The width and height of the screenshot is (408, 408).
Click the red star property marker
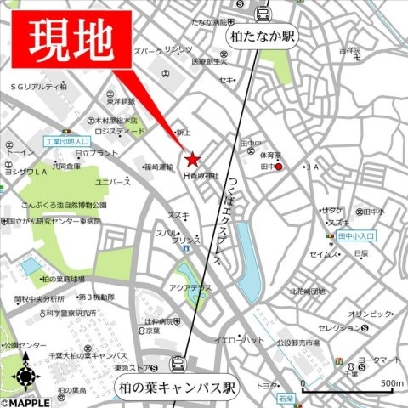(192, 158)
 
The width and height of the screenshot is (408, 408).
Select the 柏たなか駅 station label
(261, 37)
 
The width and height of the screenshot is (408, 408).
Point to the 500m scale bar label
(392, 383)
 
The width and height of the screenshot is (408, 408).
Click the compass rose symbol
(25, 374)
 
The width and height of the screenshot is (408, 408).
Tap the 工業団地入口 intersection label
(66, 140)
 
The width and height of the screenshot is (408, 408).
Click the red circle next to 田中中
(279, 167)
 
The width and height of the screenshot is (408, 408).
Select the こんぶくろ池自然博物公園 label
(65, 205)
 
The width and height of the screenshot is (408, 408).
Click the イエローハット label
(239, 340)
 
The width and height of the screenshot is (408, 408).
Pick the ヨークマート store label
(378, 360)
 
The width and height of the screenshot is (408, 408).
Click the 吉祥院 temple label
(349, 51)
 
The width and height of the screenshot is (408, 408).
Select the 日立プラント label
(96, 153)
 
